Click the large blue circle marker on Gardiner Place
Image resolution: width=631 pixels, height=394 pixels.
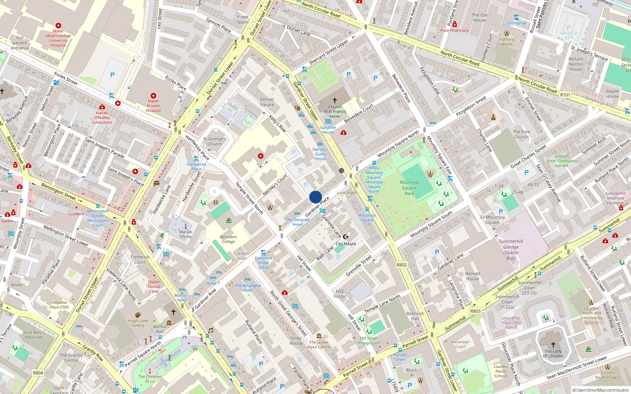click(x=315, y=197)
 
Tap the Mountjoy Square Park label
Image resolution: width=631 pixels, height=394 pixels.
click(x=409, y=188)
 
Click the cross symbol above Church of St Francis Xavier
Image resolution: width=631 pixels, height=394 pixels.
click(x=335, y=100)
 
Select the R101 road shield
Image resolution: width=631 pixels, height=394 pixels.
click(x=565, y=95)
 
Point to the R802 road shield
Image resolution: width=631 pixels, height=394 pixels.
click(x=401, y=265)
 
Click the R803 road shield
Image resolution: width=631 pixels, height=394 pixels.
click(x=475, y=311)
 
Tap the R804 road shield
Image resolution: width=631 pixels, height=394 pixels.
click(x=38, y=372)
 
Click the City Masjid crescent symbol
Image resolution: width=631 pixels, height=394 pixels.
click(x=346, y=237)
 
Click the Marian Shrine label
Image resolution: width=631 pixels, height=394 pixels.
click(x=185, y=234)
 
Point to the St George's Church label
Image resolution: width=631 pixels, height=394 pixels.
click(x=215, y=141)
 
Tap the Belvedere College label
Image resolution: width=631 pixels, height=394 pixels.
click(x=228, y=239)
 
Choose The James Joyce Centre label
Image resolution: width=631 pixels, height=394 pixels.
click(x=319, y=344)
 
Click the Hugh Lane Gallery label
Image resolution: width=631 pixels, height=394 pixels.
click(x=138, y=323)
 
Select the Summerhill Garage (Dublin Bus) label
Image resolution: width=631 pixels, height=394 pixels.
click(x=511, y=250)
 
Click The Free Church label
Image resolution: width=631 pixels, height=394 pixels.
click(x=521, y=134)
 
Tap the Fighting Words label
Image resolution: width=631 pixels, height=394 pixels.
click(x=507, y=41)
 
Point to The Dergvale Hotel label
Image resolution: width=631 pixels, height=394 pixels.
click(x=297, y=222)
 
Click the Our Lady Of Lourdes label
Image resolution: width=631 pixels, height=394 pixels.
click(x=553, y=353)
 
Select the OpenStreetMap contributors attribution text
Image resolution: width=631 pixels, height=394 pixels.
click(x=601, y=390)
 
